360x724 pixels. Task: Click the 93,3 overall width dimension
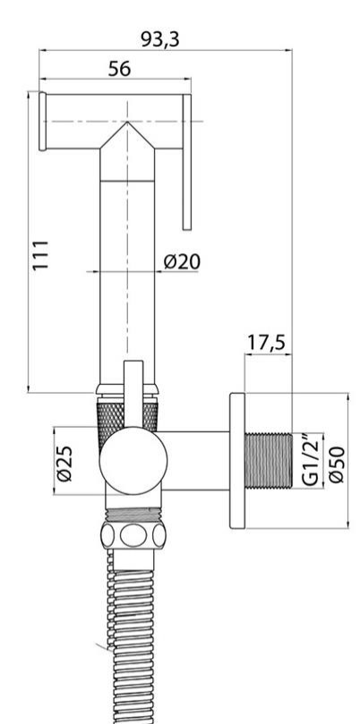[x=160, y=39]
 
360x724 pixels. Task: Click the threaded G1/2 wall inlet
[x=270, y=460]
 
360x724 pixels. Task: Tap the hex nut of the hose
[x=132, y=537]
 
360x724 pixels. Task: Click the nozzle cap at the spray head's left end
[x=40, y=121]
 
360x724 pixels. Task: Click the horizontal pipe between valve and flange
[x=197, y=460]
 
